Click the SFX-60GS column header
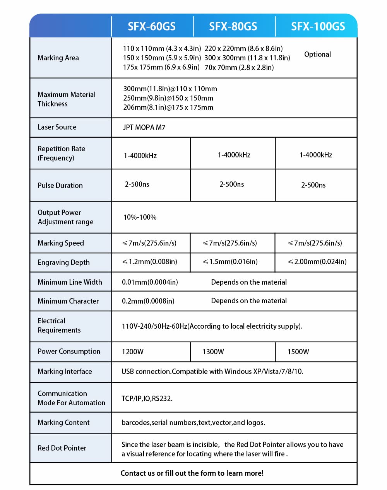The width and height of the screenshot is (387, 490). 152,26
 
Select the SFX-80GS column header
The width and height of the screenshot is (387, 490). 233,26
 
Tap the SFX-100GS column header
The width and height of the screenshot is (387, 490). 318,26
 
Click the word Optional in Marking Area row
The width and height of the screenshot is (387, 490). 317,55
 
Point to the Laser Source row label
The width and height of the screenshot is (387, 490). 57,127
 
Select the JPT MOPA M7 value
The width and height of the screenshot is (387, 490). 144,128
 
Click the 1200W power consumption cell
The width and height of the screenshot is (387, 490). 133,352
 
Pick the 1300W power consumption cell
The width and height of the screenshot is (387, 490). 213,352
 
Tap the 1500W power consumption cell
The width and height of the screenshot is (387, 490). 298,352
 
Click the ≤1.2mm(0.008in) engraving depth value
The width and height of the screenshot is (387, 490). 150,262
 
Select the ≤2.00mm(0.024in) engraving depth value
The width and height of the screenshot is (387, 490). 317,262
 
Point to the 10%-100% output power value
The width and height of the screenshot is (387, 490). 140,217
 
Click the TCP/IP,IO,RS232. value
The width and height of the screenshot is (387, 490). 147,399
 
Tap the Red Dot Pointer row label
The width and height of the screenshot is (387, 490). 62,448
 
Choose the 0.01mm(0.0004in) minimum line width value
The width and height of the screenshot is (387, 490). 150,282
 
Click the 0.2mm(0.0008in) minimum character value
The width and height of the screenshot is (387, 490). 148,301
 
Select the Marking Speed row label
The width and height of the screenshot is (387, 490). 61,243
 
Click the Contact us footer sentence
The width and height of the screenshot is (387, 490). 192,473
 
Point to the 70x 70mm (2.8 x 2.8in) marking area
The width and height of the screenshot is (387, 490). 239,68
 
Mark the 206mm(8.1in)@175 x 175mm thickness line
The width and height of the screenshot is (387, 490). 168,108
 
